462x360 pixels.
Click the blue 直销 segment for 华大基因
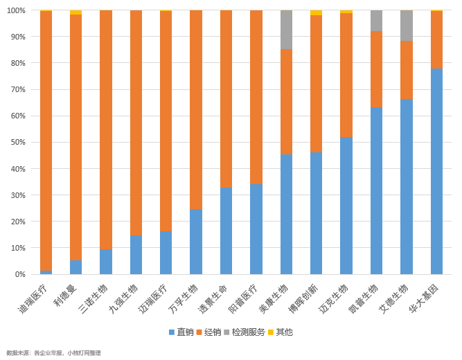pos(436,171)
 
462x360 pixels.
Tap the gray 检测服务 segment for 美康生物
pos(286,30)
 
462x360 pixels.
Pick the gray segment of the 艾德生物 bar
pos(406,26)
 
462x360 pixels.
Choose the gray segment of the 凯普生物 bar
pos(376,21)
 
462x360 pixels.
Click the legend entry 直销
pos(181,332)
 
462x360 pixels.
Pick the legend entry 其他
pos(280,332)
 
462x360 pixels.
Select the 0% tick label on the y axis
pos(19,274)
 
